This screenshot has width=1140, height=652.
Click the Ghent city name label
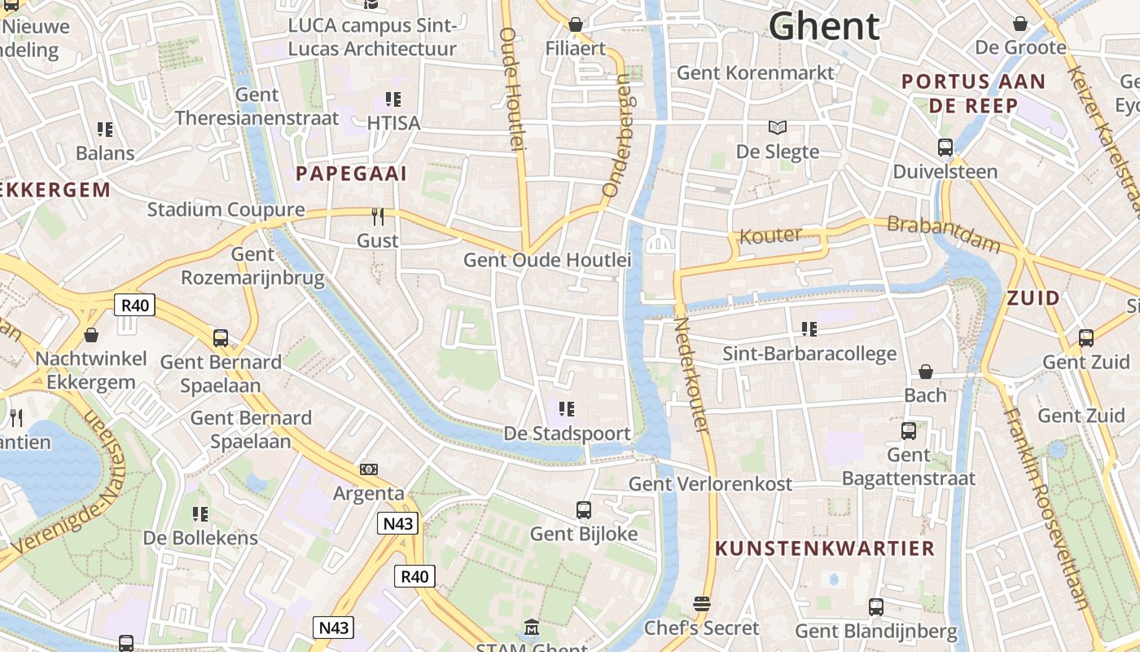tap(824, 26)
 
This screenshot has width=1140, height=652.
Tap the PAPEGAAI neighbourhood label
tap(351, 174)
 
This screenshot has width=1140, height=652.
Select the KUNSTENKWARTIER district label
tap(824, 548)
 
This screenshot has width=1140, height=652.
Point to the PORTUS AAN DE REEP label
tap(973, 94)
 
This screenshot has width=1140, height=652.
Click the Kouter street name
tap(769, 236)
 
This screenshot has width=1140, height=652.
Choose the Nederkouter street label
tap(692, 374)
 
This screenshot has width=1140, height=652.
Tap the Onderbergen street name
tap(617, 136)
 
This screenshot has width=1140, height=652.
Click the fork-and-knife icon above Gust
tap(378, 216)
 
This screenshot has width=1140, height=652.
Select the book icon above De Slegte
tap(778, 127)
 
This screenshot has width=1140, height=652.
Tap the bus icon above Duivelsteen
tap(945, 148)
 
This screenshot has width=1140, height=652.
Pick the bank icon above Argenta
tap(369, 469)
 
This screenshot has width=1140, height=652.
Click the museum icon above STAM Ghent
tap(532, 628)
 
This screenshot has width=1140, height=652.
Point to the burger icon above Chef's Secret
tap(701, 604)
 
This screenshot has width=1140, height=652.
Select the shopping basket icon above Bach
tap(926, 372)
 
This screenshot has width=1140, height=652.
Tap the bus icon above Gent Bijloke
tap(583, 510)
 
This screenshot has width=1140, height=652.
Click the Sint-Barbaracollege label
tap(809, 354)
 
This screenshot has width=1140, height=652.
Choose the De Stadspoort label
tap(567, 433)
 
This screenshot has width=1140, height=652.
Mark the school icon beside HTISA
tap(393, 99)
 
